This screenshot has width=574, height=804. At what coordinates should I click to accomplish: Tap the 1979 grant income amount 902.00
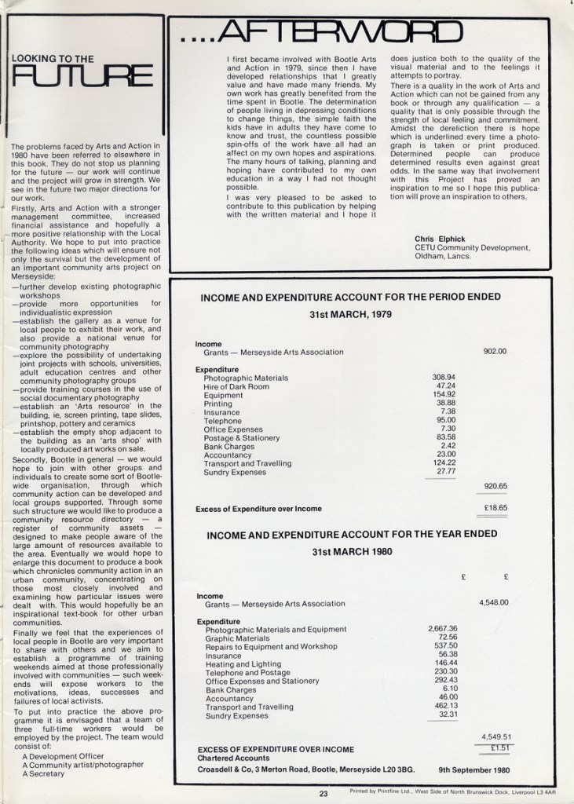point(495,352)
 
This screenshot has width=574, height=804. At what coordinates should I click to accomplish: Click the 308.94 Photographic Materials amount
point(444,378)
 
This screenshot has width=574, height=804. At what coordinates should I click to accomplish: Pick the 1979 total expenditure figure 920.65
point(495,486)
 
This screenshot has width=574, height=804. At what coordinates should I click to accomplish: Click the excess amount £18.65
point(495,508)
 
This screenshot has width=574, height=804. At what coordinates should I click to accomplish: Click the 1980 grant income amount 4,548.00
point(493,603)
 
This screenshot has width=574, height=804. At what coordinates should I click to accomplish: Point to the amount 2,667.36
point(442,629)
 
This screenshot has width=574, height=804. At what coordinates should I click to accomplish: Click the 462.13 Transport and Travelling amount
point(445,707)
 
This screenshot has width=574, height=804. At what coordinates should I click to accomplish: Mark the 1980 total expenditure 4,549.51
point(495,736)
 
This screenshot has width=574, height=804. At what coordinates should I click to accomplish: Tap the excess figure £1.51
point(499,748)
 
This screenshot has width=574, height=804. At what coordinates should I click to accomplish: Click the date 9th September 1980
point(473,770)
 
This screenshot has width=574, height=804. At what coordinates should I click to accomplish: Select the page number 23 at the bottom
point(324,794)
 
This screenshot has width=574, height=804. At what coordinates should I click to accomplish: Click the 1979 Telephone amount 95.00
point(446,421)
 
